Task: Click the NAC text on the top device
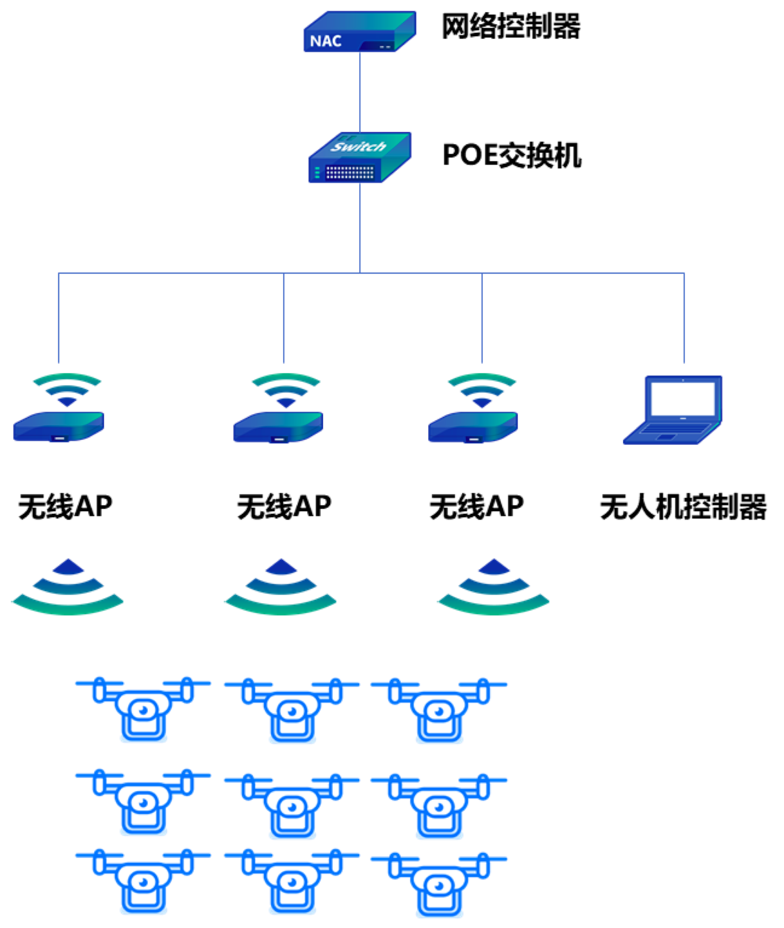[x=325, y=41]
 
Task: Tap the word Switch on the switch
[x=358, y=146]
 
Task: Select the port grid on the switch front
[x=350, y=172]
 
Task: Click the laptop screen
[x=682, y=398]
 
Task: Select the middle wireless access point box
[x=278, y=427]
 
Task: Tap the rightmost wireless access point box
[x=473, y=427]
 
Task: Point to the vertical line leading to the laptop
[x=684, y=317]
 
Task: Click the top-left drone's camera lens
[x=143, y=709]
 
